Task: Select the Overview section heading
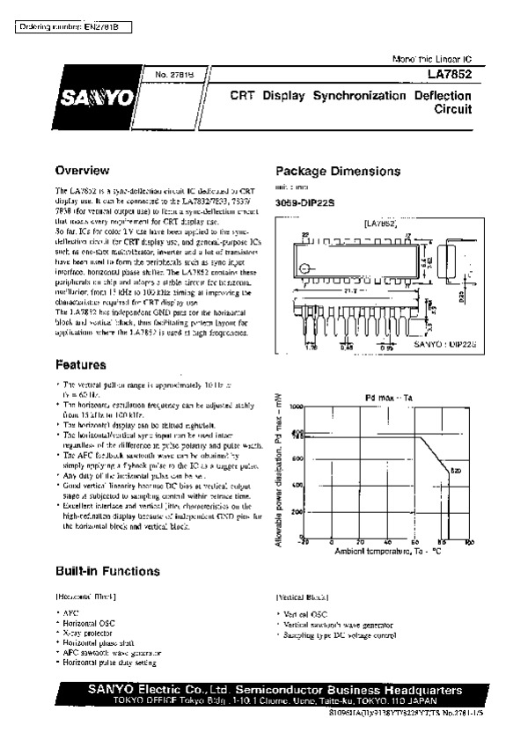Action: [x=82, y=170]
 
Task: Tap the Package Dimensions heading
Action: [x=338, y=171]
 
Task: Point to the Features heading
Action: [x=81, y=364]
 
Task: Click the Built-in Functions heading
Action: [x=107, y=570]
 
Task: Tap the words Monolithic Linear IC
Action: [x=430, y=58]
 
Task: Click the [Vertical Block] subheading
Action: [x=303, y=596]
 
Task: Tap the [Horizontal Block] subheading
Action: [x=86, y=596]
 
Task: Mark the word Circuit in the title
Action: [x=454, y=111]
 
